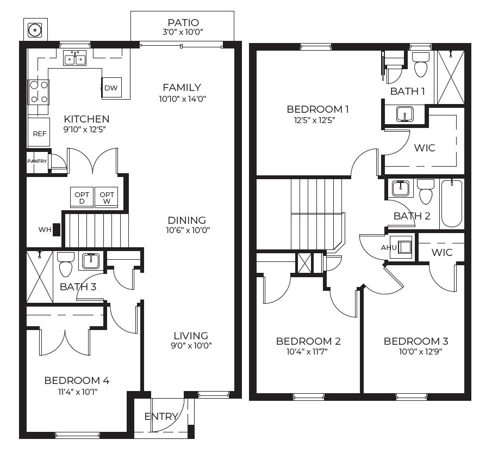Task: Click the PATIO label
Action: pos(183,22)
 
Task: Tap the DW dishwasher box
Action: pos(111,88)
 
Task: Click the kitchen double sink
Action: pos(75,58)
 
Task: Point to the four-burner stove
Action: pos(39,91)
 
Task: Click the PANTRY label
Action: pos(38,161)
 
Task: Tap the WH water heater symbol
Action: pos(57,230)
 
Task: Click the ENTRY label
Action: pos(161,417)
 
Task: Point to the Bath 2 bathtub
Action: pos(451,203)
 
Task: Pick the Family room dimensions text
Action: pos(182,99)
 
